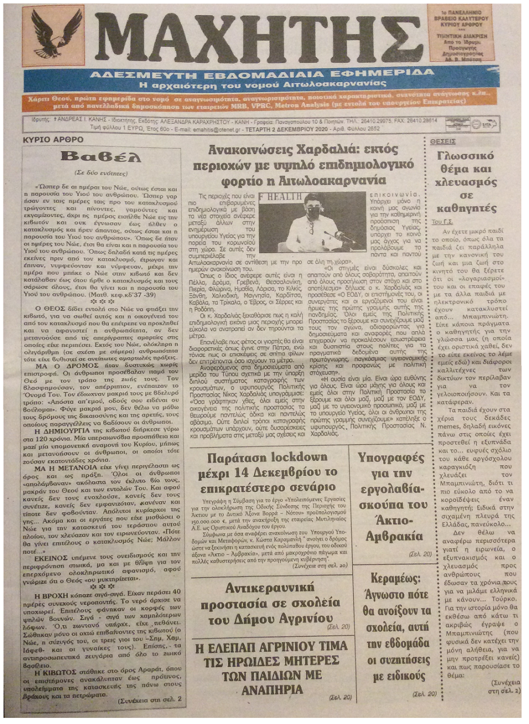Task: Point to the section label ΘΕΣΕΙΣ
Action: pos(444,140)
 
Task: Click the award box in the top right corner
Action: pos(460,33)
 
